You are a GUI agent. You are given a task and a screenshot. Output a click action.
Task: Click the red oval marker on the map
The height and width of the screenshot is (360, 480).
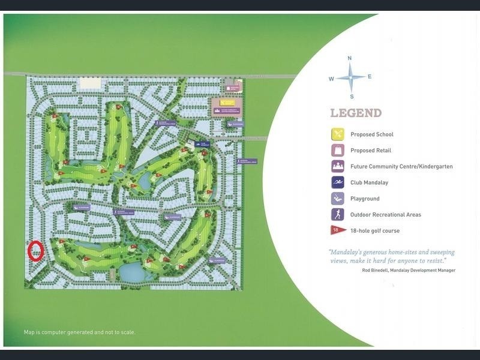[35, 251]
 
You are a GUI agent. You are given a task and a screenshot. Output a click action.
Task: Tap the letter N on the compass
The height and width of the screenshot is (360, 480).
[349, 58]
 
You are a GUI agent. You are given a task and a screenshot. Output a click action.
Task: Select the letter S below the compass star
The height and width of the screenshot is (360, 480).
[352, 97]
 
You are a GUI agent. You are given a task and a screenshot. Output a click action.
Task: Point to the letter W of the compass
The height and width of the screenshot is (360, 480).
[331, 79]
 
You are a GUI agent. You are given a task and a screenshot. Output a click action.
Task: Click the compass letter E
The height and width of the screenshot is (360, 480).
[370, 76]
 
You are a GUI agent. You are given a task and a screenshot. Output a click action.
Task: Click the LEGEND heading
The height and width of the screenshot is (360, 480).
[355, 113]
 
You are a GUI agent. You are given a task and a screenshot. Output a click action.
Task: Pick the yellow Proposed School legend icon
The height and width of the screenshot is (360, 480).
[338, 134]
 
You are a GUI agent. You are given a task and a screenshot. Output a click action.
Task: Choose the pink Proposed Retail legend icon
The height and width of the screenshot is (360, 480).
[338, 151]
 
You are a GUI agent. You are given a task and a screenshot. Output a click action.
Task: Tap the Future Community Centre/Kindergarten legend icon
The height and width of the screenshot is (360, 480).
[338, 166]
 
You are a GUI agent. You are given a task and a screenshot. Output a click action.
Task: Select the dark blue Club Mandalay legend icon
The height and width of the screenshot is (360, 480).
[338, 182]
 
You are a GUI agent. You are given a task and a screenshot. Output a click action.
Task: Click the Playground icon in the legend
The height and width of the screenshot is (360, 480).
[338, 199]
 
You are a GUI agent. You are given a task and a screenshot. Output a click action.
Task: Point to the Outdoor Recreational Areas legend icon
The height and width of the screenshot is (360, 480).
[338, 214]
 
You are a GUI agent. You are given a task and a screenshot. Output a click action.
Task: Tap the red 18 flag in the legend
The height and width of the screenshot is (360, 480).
[338, 230]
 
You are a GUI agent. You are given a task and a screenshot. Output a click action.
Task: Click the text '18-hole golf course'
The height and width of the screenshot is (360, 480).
[375, 230]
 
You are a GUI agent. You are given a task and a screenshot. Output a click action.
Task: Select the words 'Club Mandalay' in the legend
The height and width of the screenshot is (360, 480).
[370, 182]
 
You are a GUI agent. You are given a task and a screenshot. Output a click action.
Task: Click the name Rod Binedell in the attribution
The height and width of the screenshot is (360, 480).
[379, 271]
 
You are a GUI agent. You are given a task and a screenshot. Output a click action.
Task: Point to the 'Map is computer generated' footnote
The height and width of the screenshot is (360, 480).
[79, 332]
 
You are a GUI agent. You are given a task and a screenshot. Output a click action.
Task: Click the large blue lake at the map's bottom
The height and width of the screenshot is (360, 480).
[131, 272]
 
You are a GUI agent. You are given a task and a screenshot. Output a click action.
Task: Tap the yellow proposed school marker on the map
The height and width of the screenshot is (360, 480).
[226, 109]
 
